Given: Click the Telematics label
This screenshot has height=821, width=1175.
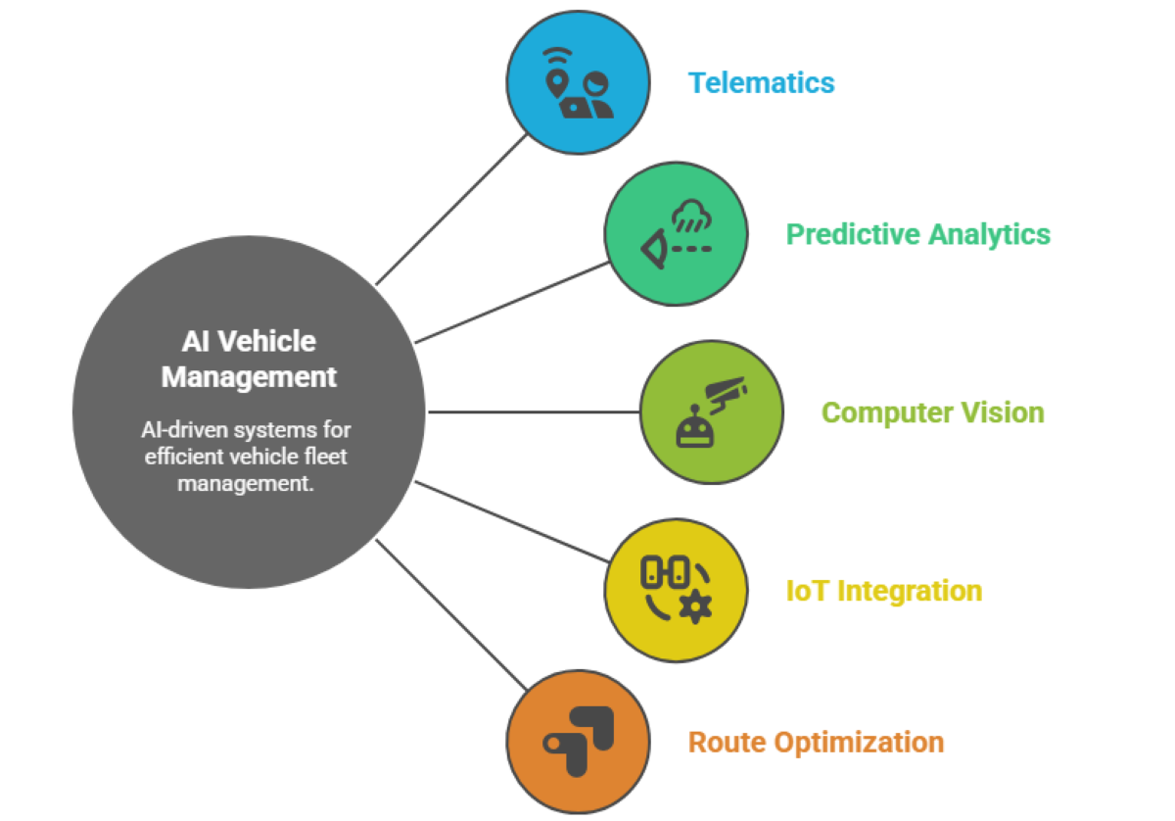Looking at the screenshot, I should pyautogui.click(x=761, y=82).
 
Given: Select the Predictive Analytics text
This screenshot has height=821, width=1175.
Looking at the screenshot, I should pyautogui.click(x=917, y=234).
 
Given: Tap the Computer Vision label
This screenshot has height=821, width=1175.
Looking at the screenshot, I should pyautogui.click(x=932, y=412).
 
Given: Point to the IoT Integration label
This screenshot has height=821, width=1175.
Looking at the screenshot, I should pyautogui.click(x=883, y=591).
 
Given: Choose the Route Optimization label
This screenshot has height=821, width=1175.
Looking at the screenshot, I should pyautogui.click(x=816, y=742).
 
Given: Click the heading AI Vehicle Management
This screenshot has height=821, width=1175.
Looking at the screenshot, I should pyautogui.click(x=249, y=359).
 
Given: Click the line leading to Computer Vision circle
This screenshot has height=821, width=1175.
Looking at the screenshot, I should pyautogui.click(x=534, y=412).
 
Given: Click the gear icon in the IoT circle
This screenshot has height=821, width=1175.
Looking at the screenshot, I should pyautogui.click(x=695, y=607).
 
